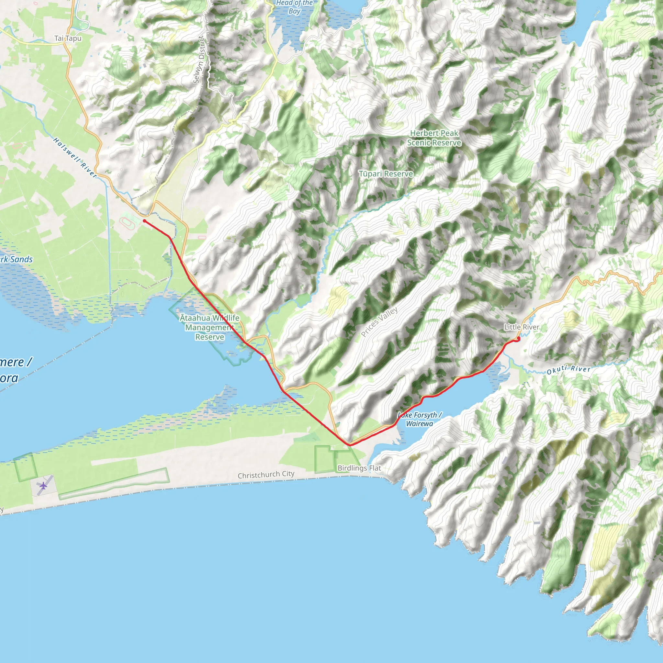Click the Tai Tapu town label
point(68,39)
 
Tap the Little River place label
point(521,327)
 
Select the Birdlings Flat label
point(359,468)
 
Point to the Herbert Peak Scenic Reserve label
point(434,138)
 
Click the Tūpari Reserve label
point(386,174)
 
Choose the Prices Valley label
point(379,321)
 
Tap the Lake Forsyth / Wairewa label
point(419,419)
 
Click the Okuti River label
point(568,370)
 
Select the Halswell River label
point(75,158)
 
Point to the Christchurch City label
point(266,475)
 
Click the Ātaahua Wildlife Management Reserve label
point(210,327)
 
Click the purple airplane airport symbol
point(43,486)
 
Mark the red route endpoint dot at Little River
point(518,339)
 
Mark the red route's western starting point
point(144,221)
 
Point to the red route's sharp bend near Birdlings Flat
point(349,445)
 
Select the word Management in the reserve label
point(210,327)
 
